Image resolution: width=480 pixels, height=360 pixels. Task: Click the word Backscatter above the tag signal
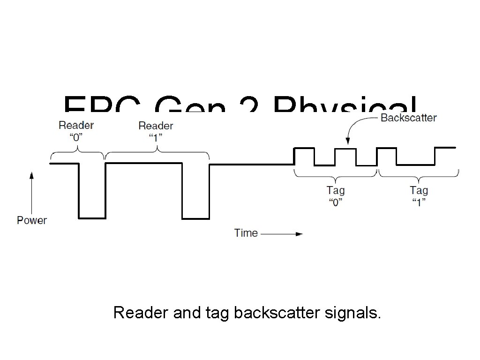(x=408, y=118)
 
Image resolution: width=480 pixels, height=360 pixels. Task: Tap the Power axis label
(x=32, y=220)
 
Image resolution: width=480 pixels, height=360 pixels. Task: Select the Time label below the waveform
(x=246, y=233)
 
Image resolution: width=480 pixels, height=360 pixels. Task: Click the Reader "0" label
(x=76, y=131)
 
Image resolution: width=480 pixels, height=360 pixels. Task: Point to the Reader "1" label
(x=156, y=131)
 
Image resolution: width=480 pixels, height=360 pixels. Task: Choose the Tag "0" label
(x=335, y=196)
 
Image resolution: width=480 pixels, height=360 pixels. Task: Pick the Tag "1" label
(x=419, y=196)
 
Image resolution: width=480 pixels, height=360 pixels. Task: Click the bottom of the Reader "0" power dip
(x=91, y=217)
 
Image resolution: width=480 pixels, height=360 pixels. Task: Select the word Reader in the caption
(x=141, y=312)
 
